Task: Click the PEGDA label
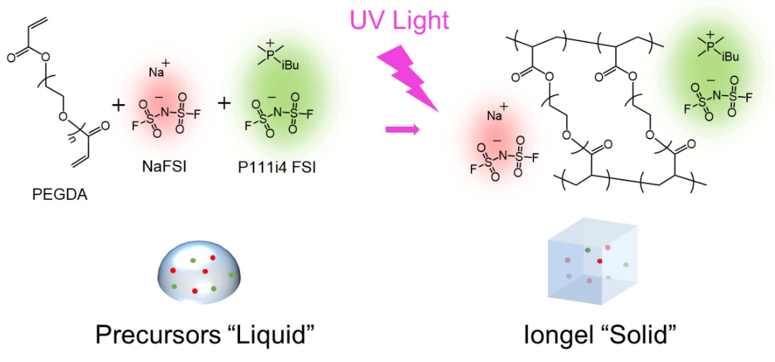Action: [60, 194]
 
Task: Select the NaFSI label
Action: [164, 166]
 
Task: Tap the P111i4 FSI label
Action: [277, 167]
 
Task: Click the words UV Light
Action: [399, 20]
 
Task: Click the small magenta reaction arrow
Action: [402, 130]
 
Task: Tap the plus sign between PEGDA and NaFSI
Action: [118, 105]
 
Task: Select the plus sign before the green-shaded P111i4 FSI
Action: [224, 104]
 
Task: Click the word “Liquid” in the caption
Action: [271, 335]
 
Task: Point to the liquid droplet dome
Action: [199, 272]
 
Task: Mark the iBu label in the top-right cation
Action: [730, 56]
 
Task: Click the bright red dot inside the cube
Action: [600, 261]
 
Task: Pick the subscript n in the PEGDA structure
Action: [72, 140]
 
